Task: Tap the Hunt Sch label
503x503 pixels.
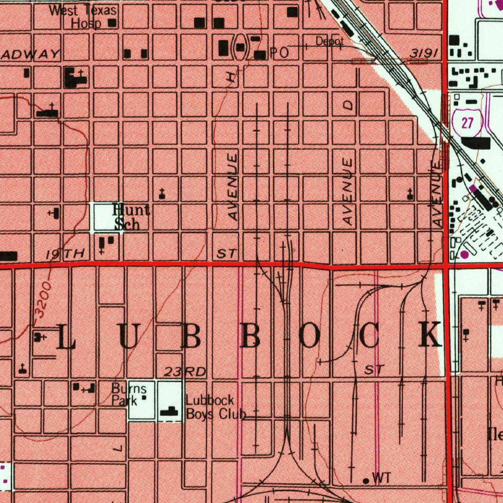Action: pyautogui.click(x=131, y=217)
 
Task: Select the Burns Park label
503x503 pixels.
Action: pyautogui.click(x=129, y=395)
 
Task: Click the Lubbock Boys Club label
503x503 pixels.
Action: pyautogui.click(x=215, y=408)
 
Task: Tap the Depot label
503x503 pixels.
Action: pyautogui.click(x=329, y=42)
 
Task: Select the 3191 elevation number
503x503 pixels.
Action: pyautogui.click(x=423, y=54)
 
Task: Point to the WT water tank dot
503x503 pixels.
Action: pyautogui.click(x=365, y=480)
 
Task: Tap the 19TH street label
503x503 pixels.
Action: pyautogui.click(x=65, y=254)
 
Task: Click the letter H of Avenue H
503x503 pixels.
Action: pyautogui.click(x=231, y=76)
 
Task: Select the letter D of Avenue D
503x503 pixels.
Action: pyautogui.click(x=348, y=105)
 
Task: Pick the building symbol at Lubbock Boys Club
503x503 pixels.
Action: pyautogui.click(x=170, y=412)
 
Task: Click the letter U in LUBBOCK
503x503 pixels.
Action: pyautogui.click(x=127, y=336)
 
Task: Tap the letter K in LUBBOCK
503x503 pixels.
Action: pyautogui.click(x=431, y=335)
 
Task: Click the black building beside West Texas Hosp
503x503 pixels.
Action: pyautogui.click(x=112, y=23)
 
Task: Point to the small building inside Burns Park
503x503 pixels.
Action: pyautogui.click(x=144, y=398)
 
